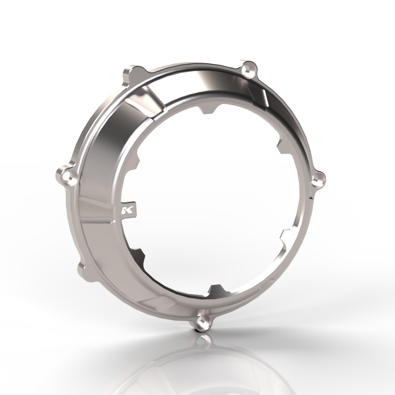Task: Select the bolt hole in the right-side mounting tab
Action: pos(317,178)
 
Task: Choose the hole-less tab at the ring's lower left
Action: pos(82,270)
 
